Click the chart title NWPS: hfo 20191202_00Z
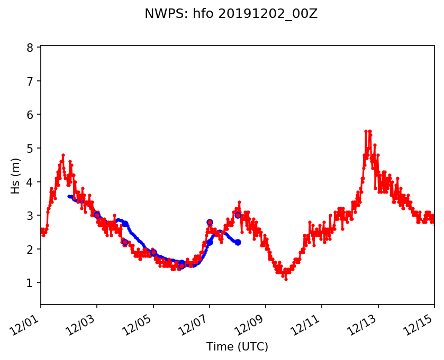coord(231,14)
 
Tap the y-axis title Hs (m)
coord(15,176)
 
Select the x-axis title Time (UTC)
coord(237,347)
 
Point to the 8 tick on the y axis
coord(30,48)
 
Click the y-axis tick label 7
coord(30,81)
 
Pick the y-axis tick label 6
coord(30,115)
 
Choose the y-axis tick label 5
coord(30,148)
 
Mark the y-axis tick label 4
coord(30,182)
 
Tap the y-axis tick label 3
coord(30,216)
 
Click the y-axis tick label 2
coord(30,249)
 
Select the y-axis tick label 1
coord(30,283)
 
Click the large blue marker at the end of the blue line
coord(238,242)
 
